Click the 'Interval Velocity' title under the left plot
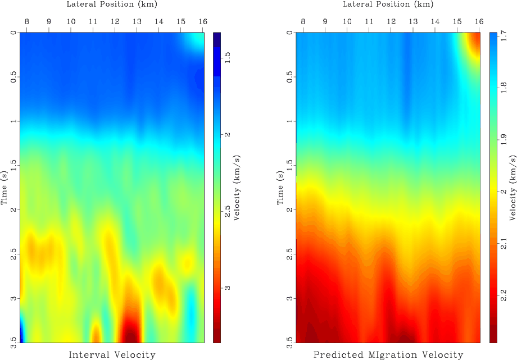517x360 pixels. (x=112, y=354)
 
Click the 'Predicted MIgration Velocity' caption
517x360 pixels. (x=388, y=354)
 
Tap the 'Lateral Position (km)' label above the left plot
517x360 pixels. (x=111, y=4)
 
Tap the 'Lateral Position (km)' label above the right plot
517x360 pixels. (x=388, y=4)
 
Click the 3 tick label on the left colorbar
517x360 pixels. (x=228, y=288)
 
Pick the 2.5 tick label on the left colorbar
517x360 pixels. (x=229, y=211)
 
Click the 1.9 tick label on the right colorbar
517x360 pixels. (x=505, y=140)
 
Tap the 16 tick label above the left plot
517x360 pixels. (x=203, y=22)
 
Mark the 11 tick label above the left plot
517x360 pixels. (x=92, y=22)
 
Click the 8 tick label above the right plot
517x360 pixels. (x=303, y=22)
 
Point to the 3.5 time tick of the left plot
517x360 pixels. (x=12, y=340)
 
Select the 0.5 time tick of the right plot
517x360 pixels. (x=289, y=77)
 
